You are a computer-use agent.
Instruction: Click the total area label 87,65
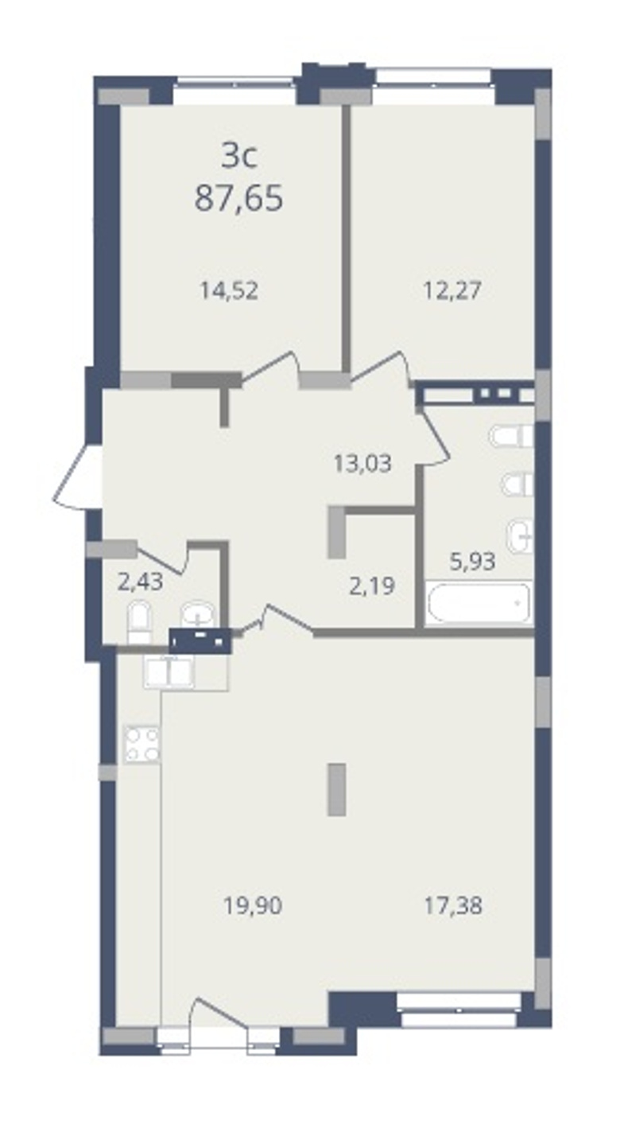click(238, 197)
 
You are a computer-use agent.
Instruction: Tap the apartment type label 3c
click(239, 156)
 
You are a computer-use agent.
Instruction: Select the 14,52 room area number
click(229, 291)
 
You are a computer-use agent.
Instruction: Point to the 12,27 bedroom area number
click(452, 291)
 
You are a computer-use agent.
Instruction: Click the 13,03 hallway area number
click(363, 464)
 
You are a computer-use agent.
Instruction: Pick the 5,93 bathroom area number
click(473, 562)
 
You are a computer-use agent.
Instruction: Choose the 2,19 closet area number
click(372, 586)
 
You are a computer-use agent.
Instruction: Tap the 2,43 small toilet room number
click(140, 582)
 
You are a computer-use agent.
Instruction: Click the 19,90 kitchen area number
click(253, 906)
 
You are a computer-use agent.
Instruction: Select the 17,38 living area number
click(453, 906)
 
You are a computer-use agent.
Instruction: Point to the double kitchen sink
click(169, 671)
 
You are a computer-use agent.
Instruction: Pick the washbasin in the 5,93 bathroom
click(520, 536)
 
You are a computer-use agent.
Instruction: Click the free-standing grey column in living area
click(337, 789)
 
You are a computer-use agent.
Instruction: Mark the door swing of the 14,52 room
click(270, 368)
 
